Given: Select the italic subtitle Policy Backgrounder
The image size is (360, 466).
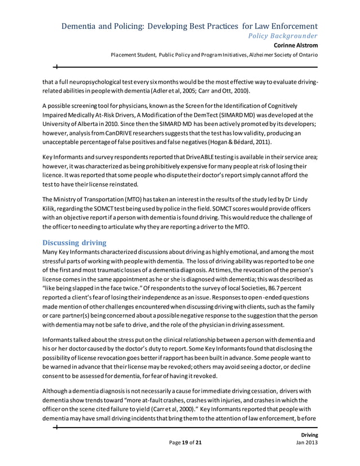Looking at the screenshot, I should point(280,36).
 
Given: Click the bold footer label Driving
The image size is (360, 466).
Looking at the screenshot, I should point(309,435).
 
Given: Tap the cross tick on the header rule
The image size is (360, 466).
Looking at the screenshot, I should point(56,66).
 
